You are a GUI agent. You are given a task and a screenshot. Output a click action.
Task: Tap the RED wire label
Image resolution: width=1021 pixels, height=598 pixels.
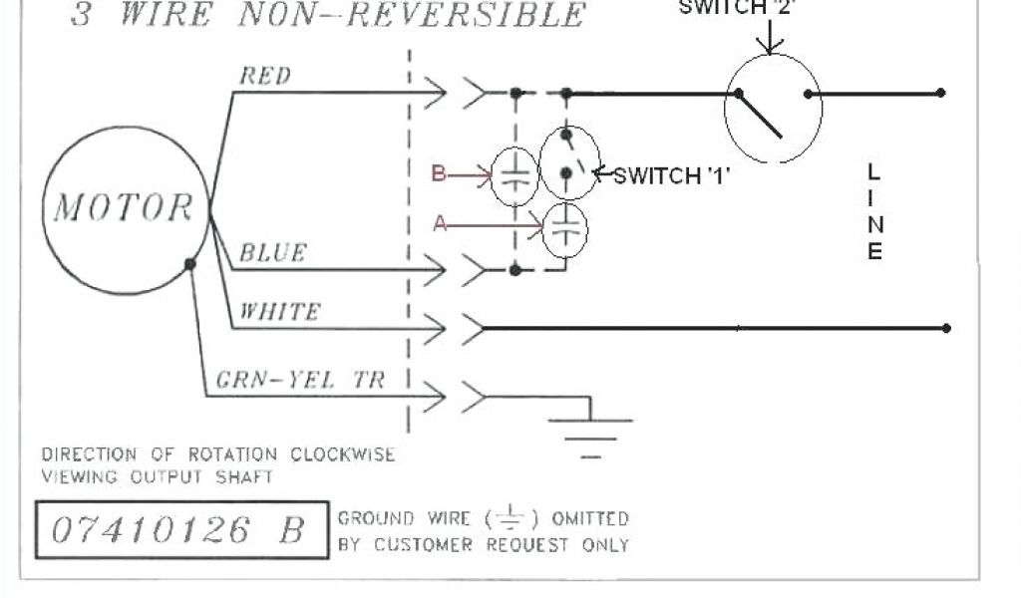click(x=264, y=76)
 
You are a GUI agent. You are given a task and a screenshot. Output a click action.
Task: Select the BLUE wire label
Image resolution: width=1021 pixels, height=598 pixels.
click(x=271, y=253)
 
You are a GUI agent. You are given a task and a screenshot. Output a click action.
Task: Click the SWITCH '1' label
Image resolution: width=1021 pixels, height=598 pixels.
click(x=672, y=176)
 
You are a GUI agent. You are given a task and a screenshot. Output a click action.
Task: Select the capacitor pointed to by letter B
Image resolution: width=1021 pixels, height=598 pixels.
click(x=514, y=177)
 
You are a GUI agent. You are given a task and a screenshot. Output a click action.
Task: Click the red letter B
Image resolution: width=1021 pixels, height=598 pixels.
click(x=438, y=174)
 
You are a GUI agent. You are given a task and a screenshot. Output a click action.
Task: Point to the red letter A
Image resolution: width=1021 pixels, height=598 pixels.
click(x=440, y=225)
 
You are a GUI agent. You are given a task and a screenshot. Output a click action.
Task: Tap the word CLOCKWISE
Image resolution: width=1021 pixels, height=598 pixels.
click(x=343, y=454)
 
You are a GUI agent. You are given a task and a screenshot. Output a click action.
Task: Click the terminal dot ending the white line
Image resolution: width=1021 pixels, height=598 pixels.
click(x=945, y=328)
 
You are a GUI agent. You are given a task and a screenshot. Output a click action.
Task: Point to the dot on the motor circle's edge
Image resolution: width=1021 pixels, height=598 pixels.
click(x=189, y=264)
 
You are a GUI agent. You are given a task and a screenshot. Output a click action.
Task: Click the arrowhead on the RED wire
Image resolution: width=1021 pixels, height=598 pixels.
click(x=435, y=95)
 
